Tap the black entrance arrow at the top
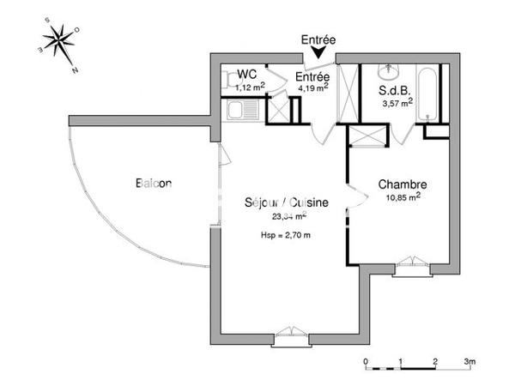coord(319,54)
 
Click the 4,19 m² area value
coord(313,87)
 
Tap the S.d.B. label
coord(394,90)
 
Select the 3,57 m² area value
coord(397,104)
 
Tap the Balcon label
coord(154,183)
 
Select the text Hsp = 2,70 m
coord(285,234)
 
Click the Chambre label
coord(403,184)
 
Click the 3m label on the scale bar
coord(470,360)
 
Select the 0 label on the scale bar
coord(366,360)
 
